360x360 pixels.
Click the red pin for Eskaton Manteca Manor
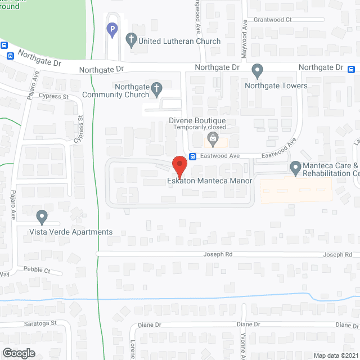pos(179,165)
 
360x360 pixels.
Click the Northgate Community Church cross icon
pos(156,88)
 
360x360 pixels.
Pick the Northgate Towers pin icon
pos(258,71)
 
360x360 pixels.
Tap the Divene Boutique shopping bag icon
pos(213,138)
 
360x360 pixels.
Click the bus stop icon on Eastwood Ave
pos(192,156)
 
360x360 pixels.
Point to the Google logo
pos(18,353)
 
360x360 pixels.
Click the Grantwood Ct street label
pos(272,19)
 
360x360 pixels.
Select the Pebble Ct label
pos(37,270)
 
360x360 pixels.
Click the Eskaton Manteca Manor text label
pos(209,181)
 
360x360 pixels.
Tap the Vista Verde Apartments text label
pos(72,232)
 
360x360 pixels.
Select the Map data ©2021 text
pos(336,355)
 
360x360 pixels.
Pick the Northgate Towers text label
pos(276,85)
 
